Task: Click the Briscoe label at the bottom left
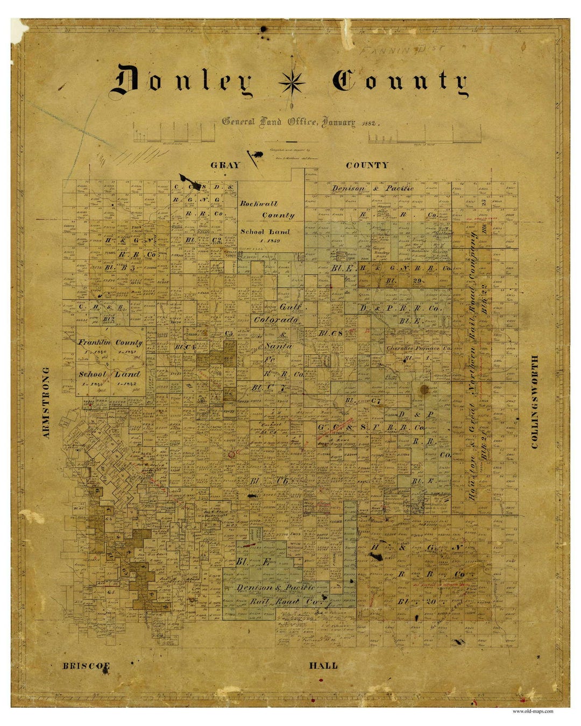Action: click(86, 666)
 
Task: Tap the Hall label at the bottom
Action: click(323, 666)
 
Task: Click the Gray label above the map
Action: click(225, 165)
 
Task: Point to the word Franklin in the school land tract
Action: click(95, 342)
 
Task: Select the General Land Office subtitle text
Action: click(288, 122)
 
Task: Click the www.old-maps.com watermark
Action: click(533, 711)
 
